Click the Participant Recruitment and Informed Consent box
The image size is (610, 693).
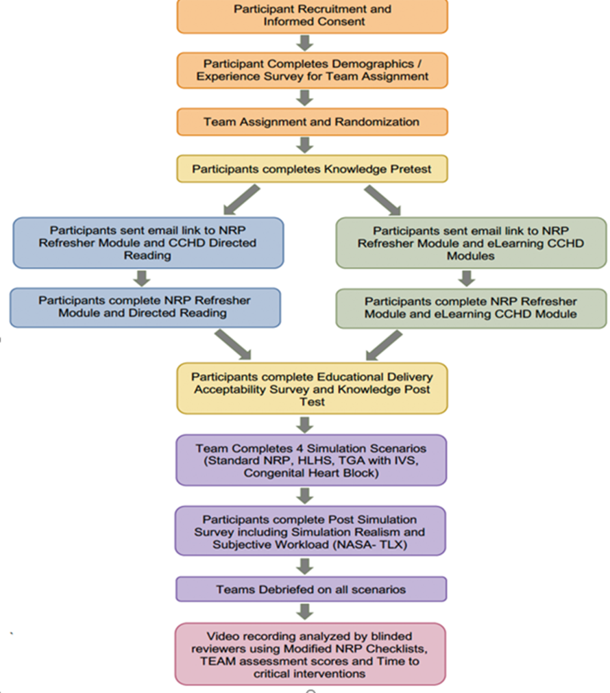click(313, 16)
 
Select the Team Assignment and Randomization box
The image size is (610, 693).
click(313, 122)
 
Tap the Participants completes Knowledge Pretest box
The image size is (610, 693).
click(313, 169)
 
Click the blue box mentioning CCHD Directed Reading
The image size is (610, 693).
click(148, 242)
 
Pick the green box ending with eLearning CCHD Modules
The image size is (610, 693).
click(471, 243)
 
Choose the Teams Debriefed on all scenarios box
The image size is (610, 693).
click(311, 589)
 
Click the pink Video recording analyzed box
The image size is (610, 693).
click(310, 654)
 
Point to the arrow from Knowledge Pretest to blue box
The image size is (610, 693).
click(241, 200)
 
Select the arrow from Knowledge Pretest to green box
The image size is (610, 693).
click(382, 200)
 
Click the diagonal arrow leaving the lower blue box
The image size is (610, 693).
click(232, 344)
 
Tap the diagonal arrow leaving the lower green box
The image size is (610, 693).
click(385, 345)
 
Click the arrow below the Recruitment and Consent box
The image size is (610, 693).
click(305, 43)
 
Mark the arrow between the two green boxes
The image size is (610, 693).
click(467, 279)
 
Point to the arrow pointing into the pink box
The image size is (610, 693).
click(305, 612)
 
